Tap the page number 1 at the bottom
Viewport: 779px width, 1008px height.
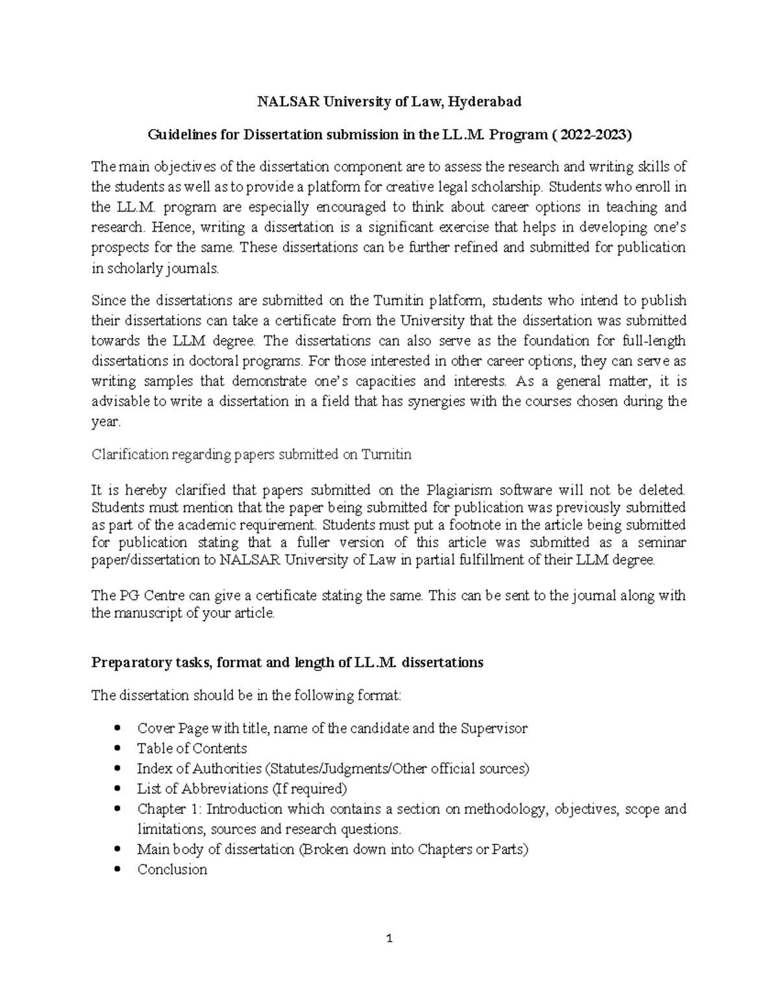[389, 938]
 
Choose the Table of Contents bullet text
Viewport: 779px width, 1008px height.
[192, 748]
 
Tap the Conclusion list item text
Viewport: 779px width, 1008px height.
[172, 870]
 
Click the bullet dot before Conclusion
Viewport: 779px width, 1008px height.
[117, 870]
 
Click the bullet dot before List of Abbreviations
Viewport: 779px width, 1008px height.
[117, 789]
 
